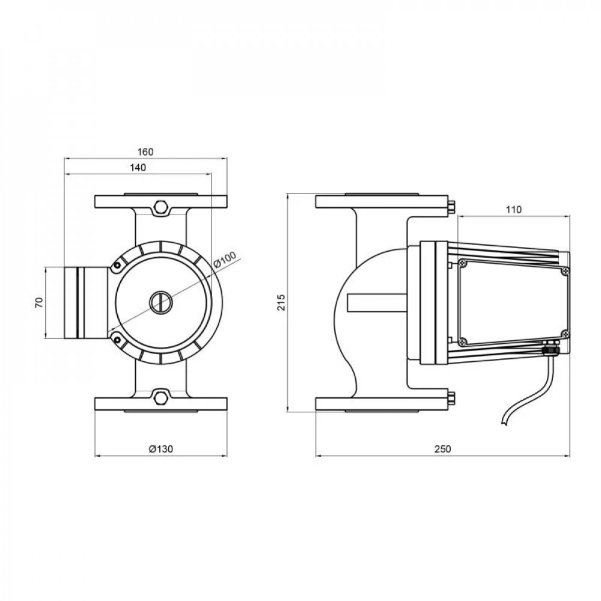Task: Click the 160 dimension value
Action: point(145,151)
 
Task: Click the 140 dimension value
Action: point(138,168)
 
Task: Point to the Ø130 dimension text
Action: point(160,449)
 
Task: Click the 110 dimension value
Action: point(513,209)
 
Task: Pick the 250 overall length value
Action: point(442,449)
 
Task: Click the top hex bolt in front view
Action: point(160,207)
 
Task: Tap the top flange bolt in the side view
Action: point(451,207)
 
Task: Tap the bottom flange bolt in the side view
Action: point(451,397)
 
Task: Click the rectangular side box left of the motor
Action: point(84,302)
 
